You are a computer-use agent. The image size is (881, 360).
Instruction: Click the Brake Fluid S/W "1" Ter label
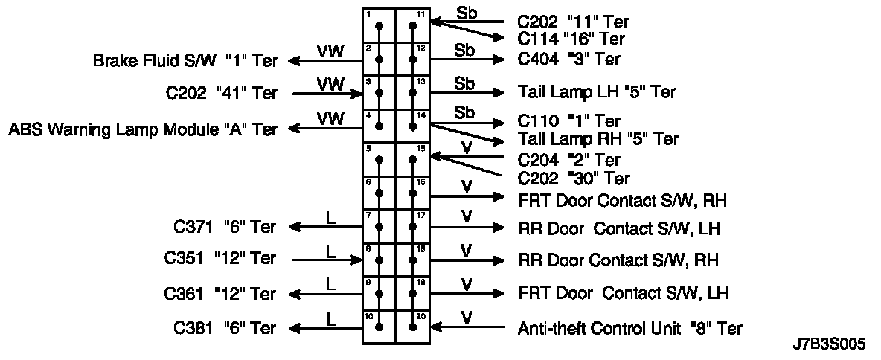tap(185, 60)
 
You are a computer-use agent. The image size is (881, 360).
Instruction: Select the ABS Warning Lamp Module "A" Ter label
tap(143, 129)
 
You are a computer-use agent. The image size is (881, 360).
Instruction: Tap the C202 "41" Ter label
tap(222, 94)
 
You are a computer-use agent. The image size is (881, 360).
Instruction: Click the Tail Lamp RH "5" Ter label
tap(598, 139)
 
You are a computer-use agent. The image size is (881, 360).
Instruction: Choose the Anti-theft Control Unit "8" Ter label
tap(629, 327)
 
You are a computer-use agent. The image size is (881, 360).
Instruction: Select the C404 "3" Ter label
tap(568, 60)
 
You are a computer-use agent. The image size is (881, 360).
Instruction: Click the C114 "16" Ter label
tap(571, 39)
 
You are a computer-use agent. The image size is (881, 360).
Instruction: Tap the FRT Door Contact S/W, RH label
tap(622, 200)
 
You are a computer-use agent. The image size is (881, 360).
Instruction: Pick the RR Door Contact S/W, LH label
tap(618, 228)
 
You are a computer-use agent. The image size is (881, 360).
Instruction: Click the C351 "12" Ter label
tap(220, 259)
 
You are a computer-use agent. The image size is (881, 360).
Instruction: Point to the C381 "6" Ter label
tap(225, 328)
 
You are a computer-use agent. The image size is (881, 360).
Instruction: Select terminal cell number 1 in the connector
tap(379, 26)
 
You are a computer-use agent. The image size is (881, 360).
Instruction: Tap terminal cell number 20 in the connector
tap(413, 327)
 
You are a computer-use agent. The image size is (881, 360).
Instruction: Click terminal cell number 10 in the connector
tap(379, 327)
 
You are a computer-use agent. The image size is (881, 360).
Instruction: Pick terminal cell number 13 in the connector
tap(413, 93)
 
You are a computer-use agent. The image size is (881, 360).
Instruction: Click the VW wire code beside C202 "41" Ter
tap(330, 84)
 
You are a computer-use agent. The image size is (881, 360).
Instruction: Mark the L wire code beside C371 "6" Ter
tap(331, 217)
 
